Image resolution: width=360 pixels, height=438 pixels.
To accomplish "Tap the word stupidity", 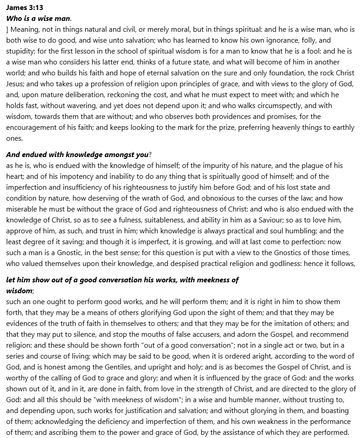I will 21,50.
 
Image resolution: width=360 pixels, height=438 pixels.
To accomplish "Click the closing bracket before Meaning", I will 8,29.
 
